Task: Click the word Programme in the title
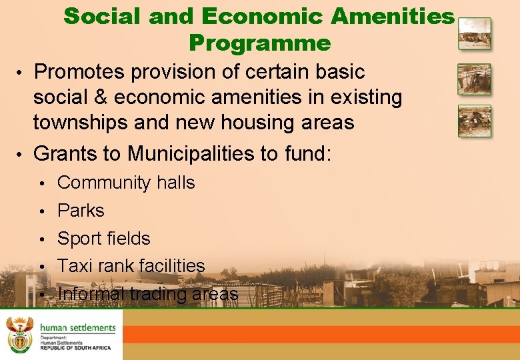point(259,43)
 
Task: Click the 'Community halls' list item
point(126,183)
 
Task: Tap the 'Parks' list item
point(81,211)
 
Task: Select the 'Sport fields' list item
point(104,238)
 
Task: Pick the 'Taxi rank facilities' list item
point(131,266)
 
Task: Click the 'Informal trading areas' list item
point(147,294)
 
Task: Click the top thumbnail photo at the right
point(474,34)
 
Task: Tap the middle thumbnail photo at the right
point(474,79)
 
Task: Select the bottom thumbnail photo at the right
point(474,121)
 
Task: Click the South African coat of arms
point(18,334)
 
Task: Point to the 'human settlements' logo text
point(77,327)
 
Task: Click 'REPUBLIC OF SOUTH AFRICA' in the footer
point(75,348)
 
